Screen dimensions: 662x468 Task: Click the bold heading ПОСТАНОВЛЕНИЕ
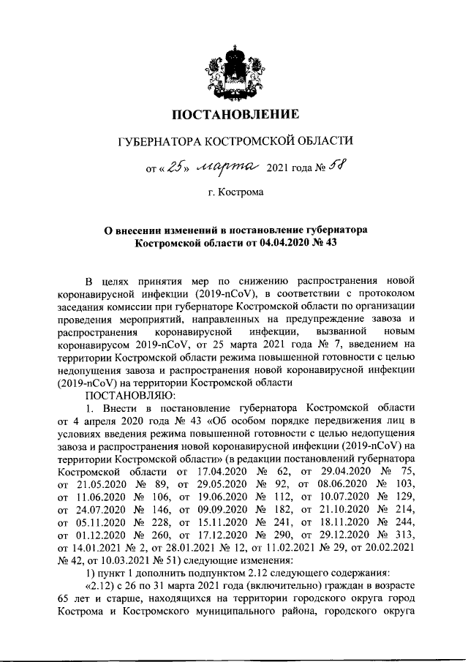click(x=235, y=114)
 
